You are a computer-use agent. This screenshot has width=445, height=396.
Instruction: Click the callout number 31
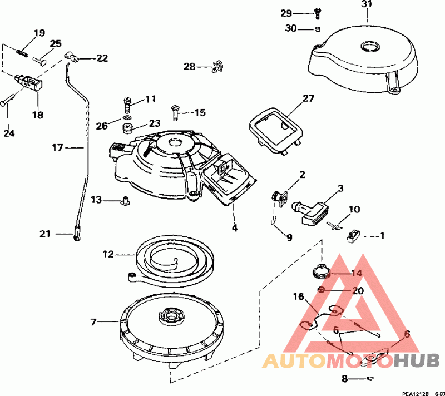click(x=365, y=4)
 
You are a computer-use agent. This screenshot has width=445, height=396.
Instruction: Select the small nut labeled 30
click(x=317, y=29)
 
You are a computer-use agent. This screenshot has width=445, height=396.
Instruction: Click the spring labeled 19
click(x=21, y=51)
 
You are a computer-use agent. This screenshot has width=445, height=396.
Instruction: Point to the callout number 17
click(x=58, y=148)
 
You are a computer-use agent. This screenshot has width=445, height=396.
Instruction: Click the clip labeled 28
click(x=217, y=67)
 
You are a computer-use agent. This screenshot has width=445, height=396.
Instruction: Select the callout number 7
click(x=93, y=321)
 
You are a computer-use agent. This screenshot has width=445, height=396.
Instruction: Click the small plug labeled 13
click(x=126, y=199)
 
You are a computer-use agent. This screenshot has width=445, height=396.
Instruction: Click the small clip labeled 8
click(x=371, y=379)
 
